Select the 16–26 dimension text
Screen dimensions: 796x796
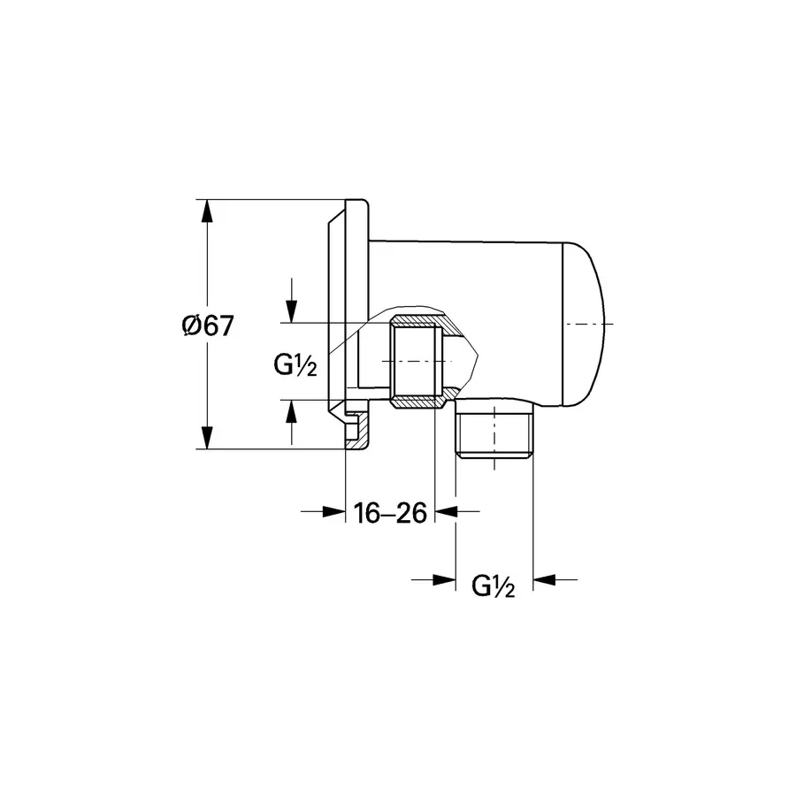[x=390, y=512]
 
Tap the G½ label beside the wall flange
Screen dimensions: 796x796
[x=295, y=363]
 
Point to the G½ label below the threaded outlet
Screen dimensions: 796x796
[x=493, y=585]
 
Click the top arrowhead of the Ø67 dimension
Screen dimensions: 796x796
[x=206, y=212]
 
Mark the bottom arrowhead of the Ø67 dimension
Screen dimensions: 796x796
[x=206, y=437]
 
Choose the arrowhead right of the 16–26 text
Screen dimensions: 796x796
[x=446, y=510]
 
